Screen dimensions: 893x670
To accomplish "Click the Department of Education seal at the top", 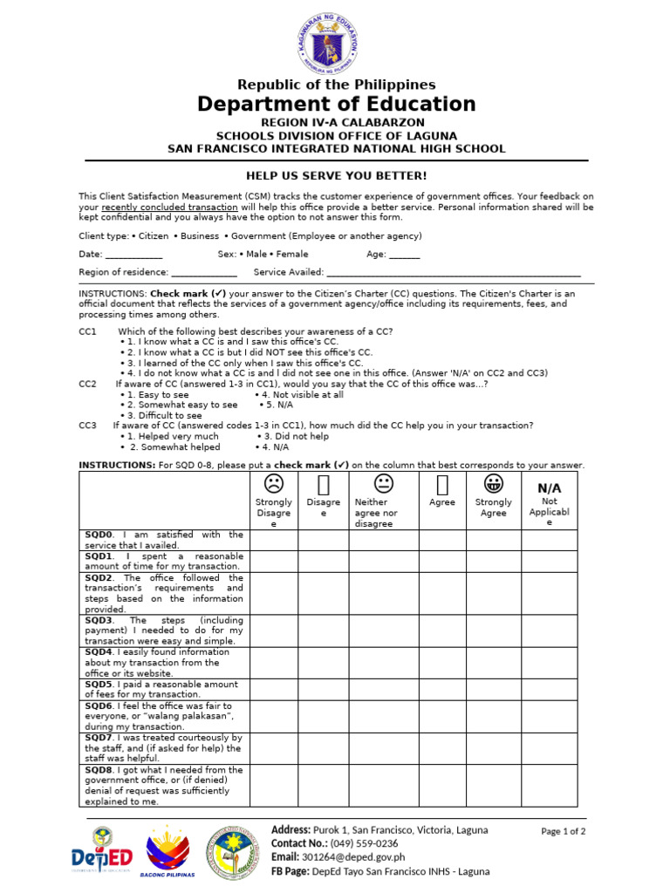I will coord(336,41).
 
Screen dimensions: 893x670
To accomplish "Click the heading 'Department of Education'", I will coord(336,105).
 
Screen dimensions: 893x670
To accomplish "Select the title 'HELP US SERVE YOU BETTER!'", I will coord(336,176).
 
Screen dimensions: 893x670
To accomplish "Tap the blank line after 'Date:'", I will coord(133,255).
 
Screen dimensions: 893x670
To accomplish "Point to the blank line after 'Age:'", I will coord(404,255).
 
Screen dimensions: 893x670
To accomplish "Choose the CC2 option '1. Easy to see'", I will coord(157,395).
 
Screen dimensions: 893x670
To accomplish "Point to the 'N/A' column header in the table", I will coord(549,487).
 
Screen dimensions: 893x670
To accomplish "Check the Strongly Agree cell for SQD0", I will coord(495,540).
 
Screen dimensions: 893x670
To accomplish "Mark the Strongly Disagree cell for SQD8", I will coord(274,786).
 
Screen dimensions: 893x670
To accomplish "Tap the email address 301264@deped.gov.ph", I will coord(354,857).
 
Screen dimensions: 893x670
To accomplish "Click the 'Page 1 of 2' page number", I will coord(563,831).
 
